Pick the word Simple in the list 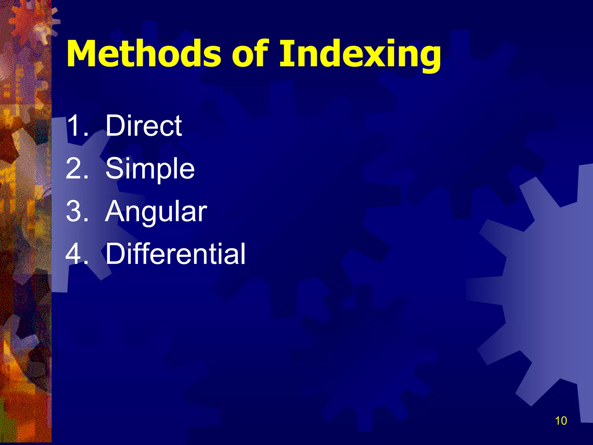pyautogui.click(x=150, y=169)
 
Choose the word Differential pyautogui.click(x=175, y=254)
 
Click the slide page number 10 pyautogui.click(x=561, y=421)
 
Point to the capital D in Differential pyautogui.click(x=116, y=254)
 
